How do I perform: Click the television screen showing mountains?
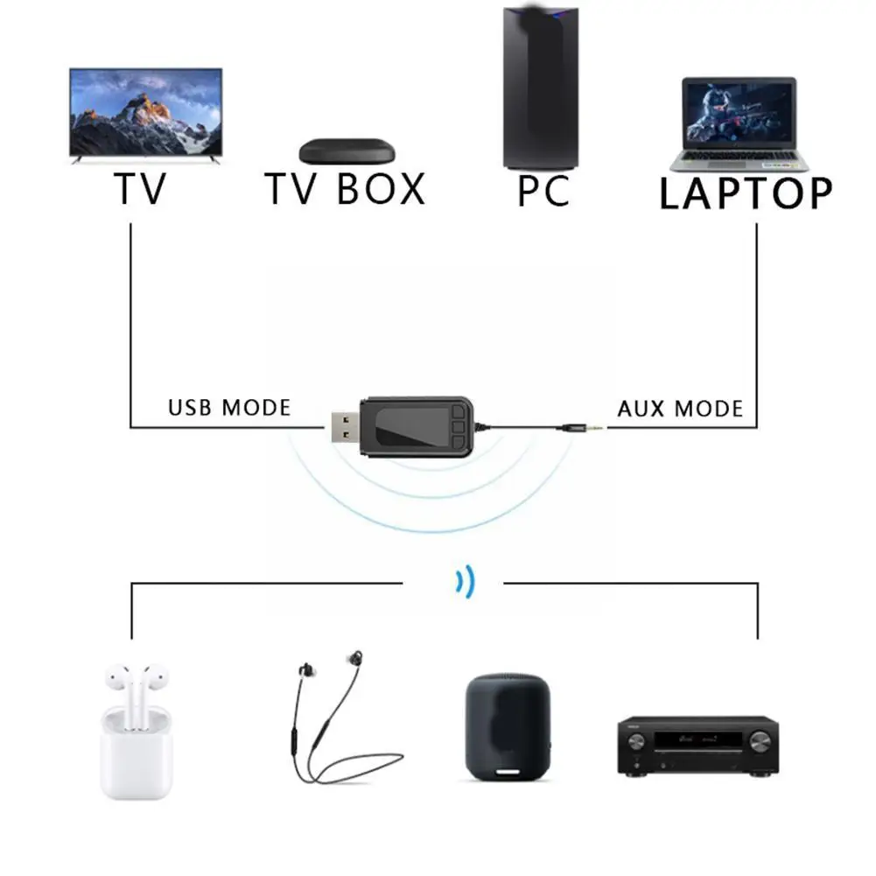tap(145, 112)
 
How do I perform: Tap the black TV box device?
tap(347, 151)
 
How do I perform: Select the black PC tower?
tap(539, 88)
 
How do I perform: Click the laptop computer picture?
tap(739, 124)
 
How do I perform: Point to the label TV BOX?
tap(345, 189)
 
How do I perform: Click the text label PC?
tap(543, 192)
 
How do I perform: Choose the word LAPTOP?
tap(745, 193)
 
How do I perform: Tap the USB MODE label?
tap(228, 408)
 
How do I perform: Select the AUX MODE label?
tap(680, 409)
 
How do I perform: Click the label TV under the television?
tap(139, 188)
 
